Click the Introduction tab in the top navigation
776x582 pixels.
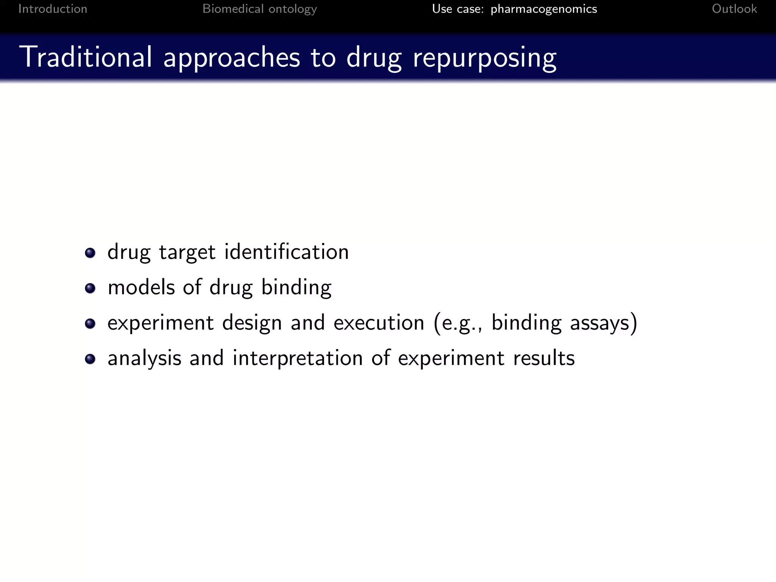click(53, 9)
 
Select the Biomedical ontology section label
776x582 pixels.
click(260, 9)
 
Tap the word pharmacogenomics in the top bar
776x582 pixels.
click(544, 9)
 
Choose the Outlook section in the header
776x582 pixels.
click(734, 9)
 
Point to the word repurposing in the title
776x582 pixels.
click(485, 58)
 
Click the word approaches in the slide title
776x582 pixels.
click(232, 58)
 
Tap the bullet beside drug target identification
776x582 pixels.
click(90, 253)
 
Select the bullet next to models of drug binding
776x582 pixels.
click(90, 288)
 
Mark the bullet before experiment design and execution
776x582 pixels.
click(90, 324)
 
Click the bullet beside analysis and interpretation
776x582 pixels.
click(90, 359)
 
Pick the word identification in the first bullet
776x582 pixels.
click(286, 252)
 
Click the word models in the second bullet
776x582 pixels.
click(141, 287)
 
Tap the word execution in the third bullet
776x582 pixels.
click(379, 323)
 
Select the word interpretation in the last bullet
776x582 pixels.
click(297, 358)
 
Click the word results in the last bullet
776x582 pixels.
click(544, 358)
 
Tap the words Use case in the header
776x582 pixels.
click(458, 9)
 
